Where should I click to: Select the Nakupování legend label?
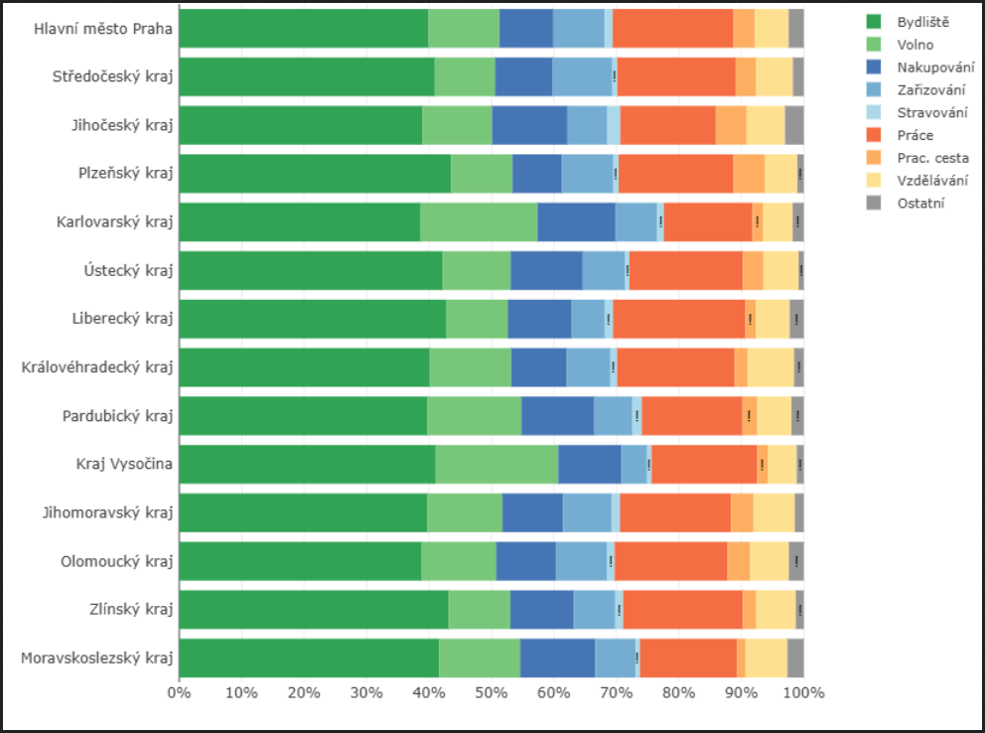tap(934, 68)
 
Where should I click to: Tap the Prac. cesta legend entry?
tap(932, 158)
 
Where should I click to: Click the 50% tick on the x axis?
tap(492, 691)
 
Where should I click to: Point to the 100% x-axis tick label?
tap(803, 691)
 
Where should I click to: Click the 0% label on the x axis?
tap(179, 691)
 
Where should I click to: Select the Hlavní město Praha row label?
tap(103, 29)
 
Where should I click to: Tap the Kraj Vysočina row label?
tap(124, 464)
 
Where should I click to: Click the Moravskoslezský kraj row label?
tap(97, 658)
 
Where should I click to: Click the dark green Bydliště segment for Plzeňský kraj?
tap(315, 174)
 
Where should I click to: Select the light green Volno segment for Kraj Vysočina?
tap(496, 464)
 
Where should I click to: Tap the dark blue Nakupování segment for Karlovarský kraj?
tap(576, 222)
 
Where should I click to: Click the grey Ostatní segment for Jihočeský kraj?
tap(794, 125)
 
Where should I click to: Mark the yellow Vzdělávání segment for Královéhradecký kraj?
tap(771, 367)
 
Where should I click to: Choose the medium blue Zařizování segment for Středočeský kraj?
tap(582, 76)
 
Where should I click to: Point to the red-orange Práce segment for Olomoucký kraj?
tap(670, 561)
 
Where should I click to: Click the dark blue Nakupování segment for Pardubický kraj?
tap(557, 416)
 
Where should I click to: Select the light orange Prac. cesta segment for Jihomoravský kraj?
tap(742, 513)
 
